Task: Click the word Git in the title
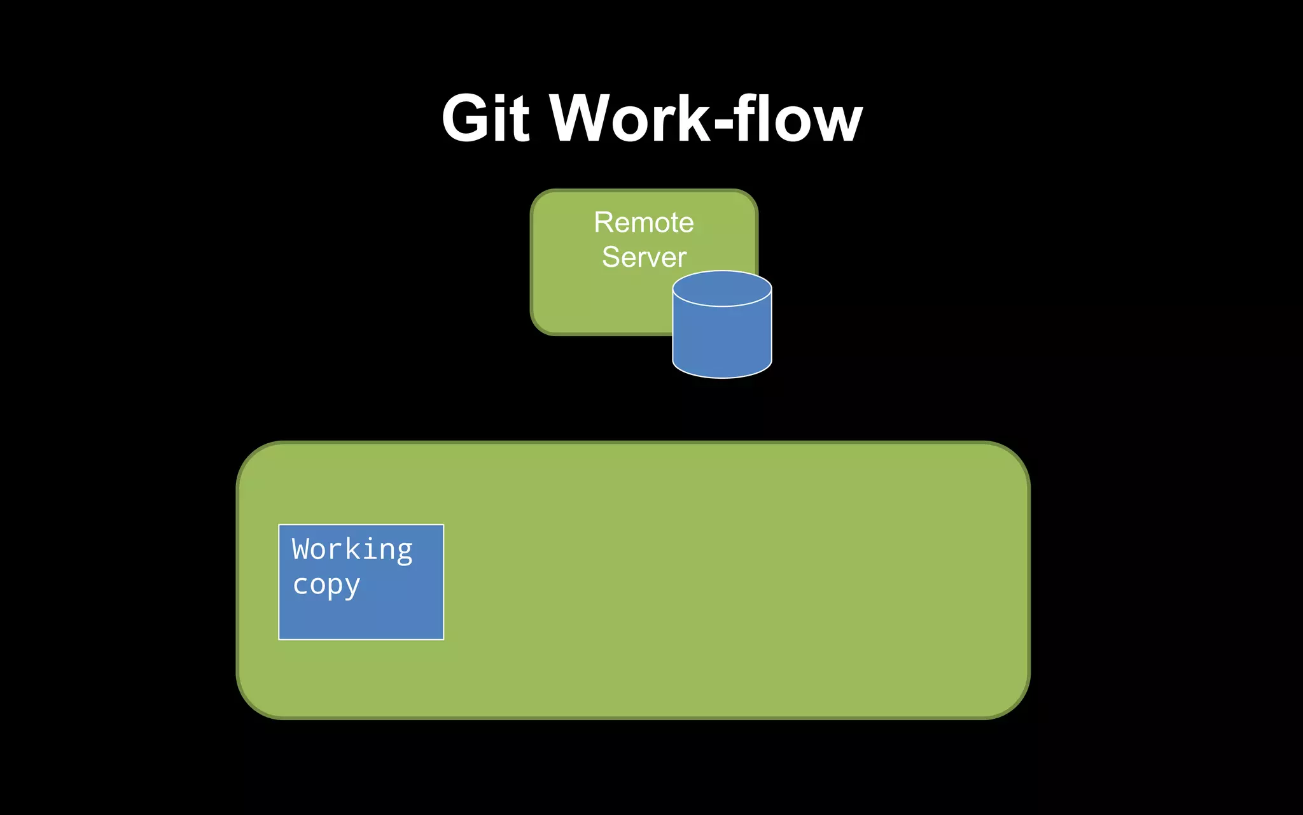[485, 118]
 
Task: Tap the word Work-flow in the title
[706, 118]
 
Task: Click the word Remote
[643, 223]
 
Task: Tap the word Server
[643, 257]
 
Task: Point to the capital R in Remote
[603, 223]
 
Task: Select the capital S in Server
[610, 257]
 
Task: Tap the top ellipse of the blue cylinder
[722, 288]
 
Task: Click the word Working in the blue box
[352, 549]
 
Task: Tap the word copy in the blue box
[326, 585]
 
